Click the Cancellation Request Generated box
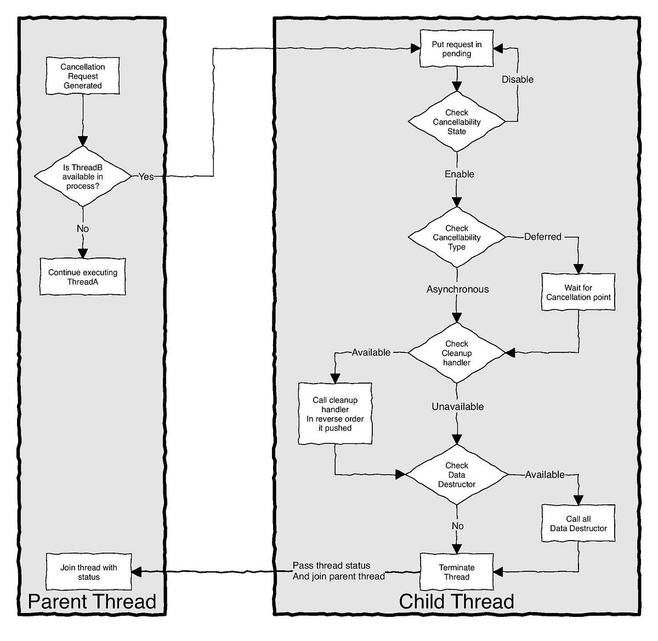[82, 76]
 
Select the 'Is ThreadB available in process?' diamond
[83, 177]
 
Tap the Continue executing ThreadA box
[83, 277]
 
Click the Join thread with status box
[88, 572]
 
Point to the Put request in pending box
[456, 49]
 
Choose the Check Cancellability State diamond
[456, 122]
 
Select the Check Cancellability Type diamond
[456, 237]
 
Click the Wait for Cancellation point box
[578, 292]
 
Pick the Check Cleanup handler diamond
[456, 353]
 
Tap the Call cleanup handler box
[335, 414]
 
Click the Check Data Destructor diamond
[456, 475]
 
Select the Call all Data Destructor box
[578, 524]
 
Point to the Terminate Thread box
[456, 572]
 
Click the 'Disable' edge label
[518, 80]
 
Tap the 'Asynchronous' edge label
[457, 289]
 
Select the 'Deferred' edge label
[542, 237]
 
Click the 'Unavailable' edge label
[457, 407]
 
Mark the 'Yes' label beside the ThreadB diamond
[146, 177]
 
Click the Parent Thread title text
[92, 601]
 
